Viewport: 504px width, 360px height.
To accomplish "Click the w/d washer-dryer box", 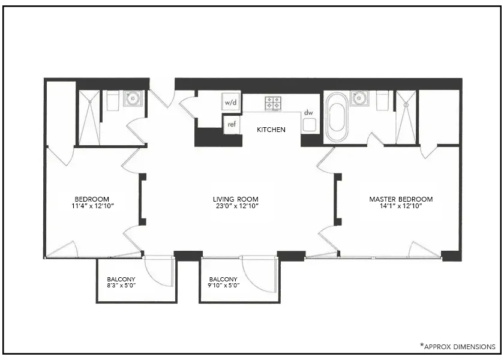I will (x=231, y=102).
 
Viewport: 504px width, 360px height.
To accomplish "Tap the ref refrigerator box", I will (x=232, y=125).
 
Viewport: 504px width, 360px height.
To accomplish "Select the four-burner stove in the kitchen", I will (x=274, y=103).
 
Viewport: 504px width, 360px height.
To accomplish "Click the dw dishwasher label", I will (x=308, y=112).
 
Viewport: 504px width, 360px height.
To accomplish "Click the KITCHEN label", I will (x=271, y=130).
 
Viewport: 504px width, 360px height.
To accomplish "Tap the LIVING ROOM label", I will (x=235, y=199).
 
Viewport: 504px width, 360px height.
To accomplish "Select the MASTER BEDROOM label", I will (x=401, y=199).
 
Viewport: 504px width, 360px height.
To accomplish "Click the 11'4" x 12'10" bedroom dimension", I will (x=92, y=206).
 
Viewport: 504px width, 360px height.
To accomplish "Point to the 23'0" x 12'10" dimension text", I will (x=235, y=206).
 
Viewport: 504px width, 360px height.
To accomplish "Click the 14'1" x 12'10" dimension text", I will (x=401, y=206).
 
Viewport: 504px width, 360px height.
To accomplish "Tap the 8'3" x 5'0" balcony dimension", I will (x=121, y=286).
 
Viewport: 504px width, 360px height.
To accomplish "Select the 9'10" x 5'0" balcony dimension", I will (x=224, y=286).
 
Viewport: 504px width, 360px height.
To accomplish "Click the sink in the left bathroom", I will (x=132, y=98).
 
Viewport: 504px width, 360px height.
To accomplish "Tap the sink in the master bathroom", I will (x=359, y=98).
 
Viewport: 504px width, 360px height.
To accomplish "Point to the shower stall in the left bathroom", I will (x=89, y=118).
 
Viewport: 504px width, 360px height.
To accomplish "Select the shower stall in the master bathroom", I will (x=406, y=118).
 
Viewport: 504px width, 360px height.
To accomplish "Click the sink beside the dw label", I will (x=309, y=125).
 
